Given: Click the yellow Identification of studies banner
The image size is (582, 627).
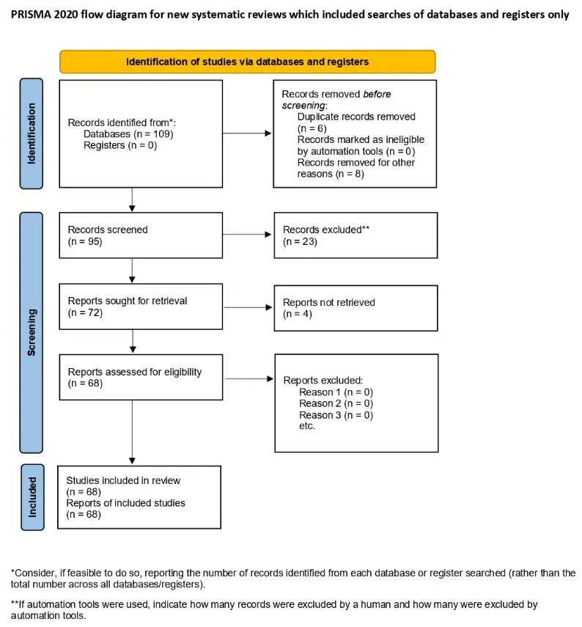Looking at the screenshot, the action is (248, 62).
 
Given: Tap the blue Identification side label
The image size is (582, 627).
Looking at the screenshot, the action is (32, 133).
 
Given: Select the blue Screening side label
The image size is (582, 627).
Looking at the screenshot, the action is (32, 332).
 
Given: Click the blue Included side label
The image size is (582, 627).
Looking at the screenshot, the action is (32, 497).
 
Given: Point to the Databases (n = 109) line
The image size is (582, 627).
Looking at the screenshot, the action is (128, 134).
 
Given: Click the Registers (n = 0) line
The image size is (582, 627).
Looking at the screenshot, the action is (120, 145).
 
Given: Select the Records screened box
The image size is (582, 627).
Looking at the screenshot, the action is (141, 235).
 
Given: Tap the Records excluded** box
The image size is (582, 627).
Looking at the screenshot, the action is (356, 235).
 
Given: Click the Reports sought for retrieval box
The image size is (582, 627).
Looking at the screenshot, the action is (141, 307).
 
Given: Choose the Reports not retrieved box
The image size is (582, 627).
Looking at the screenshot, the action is (356, 308).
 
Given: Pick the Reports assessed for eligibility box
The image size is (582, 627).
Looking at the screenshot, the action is (141, 377).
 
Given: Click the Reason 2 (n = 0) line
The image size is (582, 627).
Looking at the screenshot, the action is (336, 403).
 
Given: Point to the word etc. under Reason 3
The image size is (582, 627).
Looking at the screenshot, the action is (307, 426).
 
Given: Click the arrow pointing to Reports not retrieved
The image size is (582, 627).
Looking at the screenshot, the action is (248, 307).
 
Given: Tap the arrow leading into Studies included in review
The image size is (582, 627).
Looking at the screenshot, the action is (133, 432).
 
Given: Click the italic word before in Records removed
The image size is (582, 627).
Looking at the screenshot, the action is (377, 94).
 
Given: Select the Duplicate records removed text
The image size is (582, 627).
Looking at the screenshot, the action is (356, 117).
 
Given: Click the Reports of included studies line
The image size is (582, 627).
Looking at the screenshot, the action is (125, 503).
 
